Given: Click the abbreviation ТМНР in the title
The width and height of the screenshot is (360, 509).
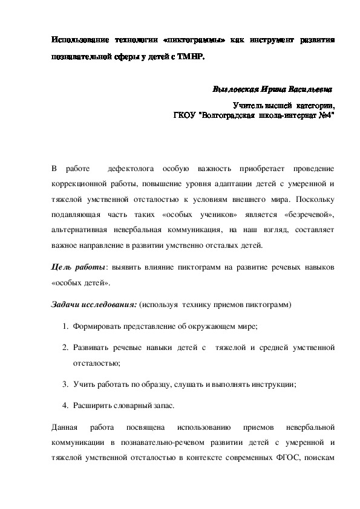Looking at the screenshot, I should (x=188, y=57).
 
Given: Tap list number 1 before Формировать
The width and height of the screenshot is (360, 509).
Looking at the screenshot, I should (x=65, y=326).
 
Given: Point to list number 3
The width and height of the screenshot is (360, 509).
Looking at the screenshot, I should (x=65, y=384).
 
